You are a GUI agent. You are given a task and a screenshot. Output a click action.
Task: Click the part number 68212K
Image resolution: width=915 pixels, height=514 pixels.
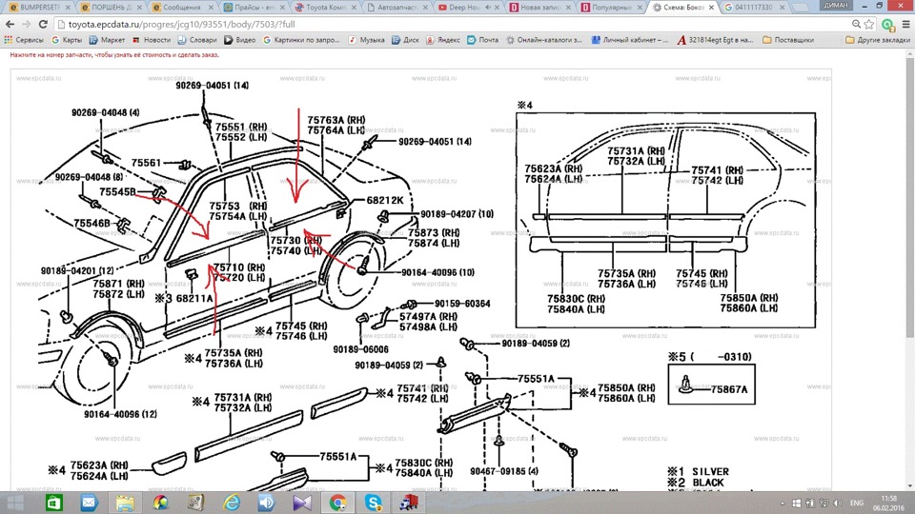click(384, 201)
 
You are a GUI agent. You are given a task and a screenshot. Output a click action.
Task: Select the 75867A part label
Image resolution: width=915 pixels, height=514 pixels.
click(729, 388)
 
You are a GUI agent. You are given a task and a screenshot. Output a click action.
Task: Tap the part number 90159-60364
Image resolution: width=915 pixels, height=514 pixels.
click(462, 304)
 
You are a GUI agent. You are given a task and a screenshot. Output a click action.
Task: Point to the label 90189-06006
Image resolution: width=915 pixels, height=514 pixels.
click(360, 349)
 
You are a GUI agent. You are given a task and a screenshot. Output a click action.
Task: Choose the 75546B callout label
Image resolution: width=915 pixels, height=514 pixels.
click(94, 223)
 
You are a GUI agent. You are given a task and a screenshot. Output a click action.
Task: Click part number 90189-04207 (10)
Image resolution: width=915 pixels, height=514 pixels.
click(445, 214)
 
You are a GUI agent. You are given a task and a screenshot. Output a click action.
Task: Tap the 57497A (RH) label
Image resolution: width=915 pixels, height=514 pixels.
click(431, 316)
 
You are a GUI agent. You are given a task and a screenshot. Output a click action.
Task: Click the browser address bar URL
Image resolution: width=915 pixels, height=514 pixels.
click(152, 23)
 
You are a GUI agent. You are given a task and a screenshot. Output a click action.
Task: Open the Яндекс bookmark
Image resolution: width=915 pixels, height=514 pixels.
click(443, 40)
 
